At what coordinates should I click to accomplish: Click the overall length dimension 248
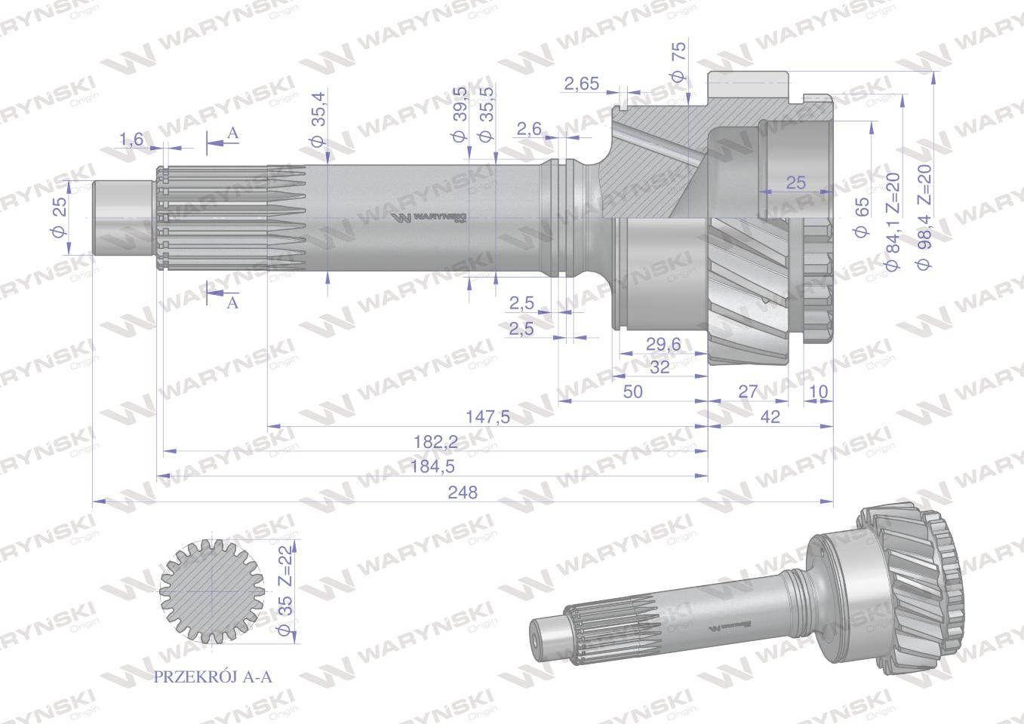click(463, 492)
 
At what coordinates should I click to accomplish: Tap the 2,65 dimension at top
click(581, 84)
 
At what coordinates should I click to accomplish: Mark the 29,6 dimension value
click(663, 344)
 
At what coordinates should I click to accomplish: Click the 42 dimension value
click(770, 416)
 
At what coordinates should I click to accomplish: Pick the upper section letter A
click(233, 133)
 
